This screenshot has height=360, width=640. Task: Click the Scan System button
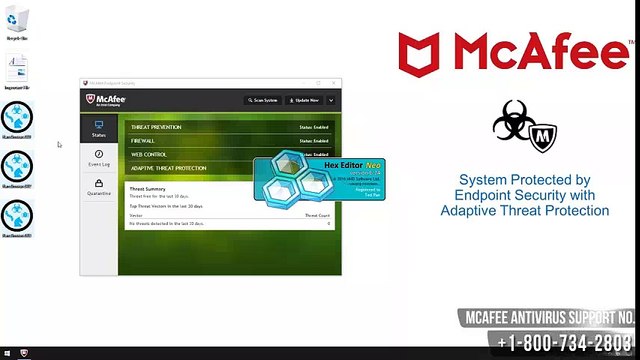point(263,100)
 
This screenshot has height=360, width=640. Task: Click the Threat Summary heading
point(148,188)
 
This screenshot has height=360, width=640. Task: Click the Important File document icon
point(17,70)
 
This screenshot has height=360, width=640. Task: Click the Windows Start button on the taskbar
point(6,354)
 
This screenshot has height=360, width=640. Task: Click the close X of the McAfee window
point(334,83)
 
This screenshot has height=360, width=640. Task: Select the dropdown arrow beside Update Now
point(327,100)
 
